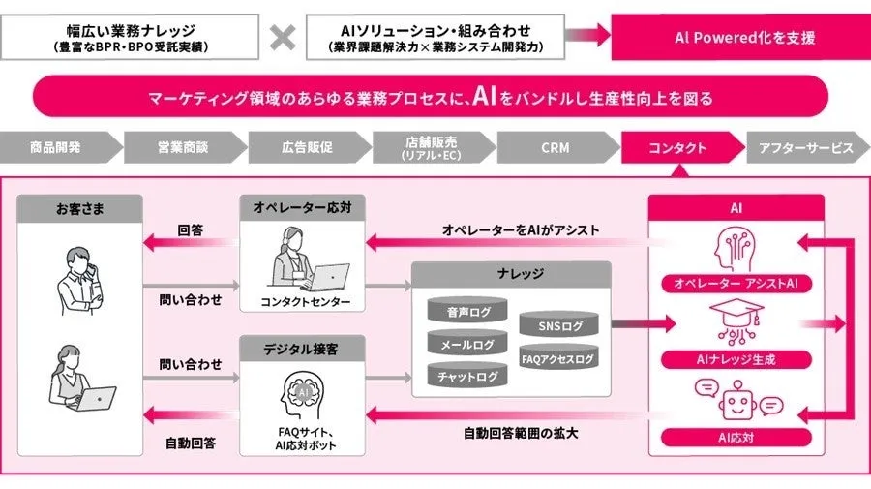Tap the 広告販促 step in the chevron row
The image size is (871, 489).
click(307, 148)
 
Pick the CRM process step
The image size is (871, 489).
click(555, 148)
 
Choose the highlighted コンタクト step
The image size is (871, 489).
click(677, 148)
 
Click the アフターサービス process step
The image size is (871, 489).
click(805, 148)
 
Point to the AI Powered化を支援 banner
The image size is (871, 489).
click(744, 38)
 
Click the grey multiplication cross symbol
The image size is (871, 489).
click(283, 37)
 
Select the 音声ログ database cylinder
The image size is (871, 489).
click(467, 312)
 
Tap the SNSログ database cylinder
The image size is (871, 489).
click(558, 326)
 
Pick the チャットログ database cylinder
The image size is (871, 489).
click(467, 375)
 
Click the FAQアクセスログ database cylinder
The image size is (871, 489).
click(558, 358)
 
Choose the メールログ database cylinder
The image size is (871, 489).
click(467, 343)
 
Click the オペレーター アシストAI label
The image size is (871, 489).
click(736, 284)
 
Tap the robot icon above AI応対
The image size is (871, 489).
click(736, 399)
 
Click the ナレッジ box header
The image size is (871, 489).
click(511, 275)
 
